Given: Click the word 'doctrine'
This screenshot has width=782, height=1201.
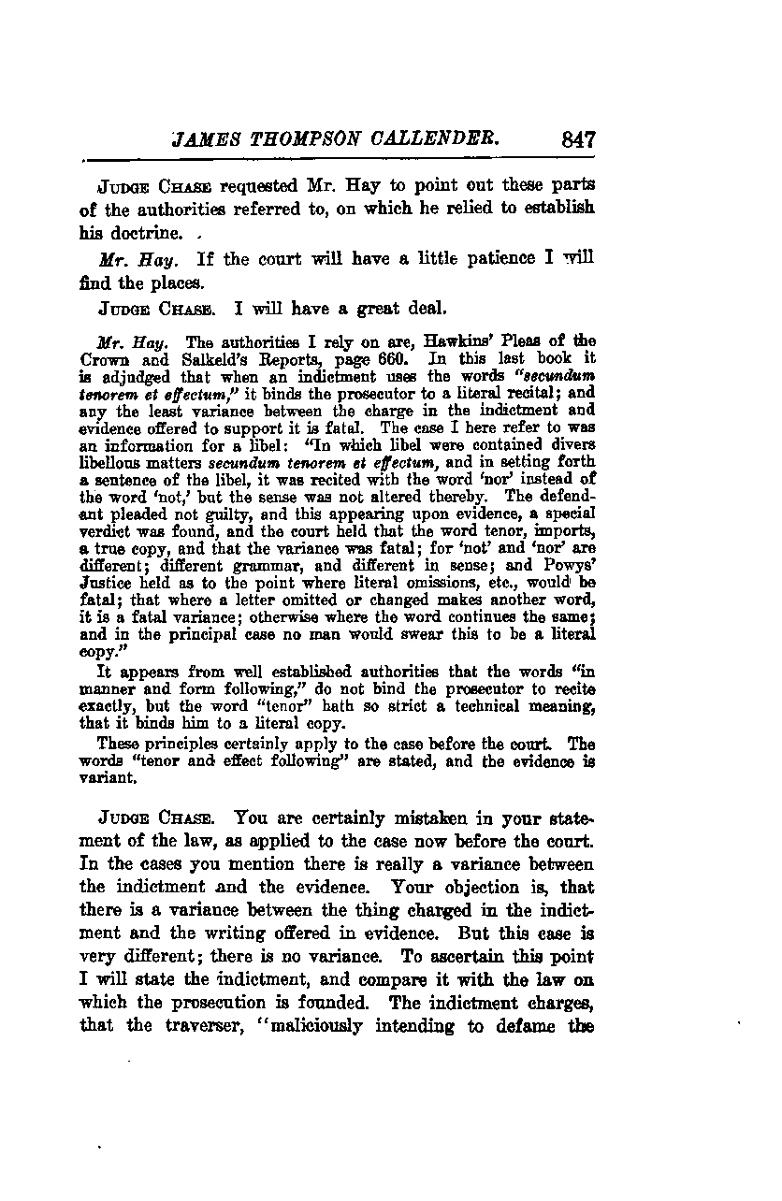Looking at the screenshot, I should coord(110,230).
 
